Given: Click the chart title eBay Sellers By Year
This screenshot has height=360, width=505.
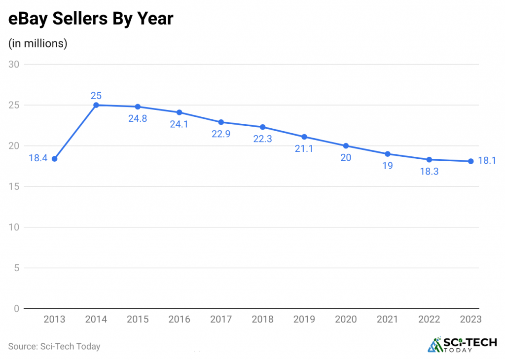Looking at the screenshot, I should coord(91,19).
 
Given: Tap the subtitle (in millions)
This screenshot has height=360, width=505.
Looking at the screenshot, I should coord(38,43).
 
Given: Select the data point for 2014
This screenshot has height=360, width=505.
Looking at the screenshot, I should coord(96,105).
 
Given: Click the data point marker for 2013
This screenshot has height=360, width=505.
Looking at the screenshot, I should coord(54,159).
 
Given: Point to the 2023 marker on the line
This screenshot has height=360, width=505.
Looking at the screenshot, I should coord(471,161).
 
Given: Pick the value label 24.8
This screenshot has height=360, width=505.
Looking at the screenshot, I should coord(138,119).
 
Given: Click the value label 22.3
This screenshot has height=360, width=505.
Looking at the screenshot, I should coord(262,139).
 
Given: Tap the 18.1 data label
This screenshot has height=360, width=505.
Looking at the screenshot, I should coord(487,160).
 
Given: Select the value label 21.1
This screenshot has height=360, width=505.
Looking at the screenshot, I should coord(304,149).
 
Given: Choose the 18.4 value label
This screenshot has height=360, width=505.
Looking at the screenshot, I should coord(37,159).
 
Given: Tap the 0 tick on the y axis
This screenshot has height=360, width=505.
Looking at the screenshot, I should coord(16,309).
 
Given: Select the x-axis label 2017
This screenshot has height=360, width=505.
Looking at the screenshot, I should coord(221,320).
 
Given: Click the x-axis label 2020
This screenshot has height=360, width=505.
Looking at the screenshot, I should coord(346,320).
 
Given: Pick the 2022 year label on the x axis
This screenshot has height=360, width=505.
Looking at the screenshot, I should coord(429,320).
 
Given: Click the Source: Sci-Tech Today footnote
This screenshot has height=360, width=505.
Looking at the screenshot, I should coord(54,346).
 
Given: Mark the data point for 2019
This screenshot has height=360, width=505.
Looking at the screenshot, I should coord(304,137).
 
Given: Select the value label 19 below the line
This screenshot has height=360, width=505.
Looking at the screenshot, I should coord(388,166).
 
